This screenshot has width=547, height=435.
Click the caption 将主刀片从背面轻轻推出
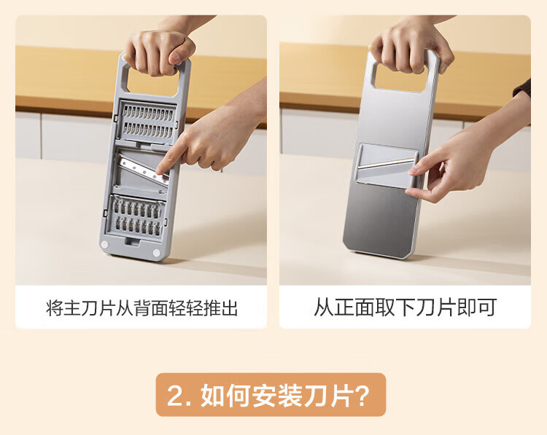point(141,307)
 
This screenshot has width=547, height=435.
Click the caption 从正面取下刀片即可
point(405,307)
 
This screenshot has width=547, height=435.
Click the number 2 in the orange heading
point(176,396)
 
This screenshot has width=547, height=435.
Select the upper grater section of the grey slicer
point(148,121)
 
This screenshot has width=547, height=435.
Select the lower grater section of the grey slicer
point(136,217)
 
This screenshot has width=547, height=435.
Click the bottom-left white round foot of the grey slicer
point(104,245)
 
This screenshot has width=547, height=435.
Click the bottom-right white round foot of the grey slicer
point(156,253)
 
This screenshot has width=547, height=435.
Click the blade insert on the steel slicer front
point(387,165)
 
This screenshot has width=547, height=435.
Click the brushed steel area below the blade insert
point(379,219)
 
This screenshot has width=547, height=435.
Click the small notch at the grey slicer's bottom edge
point(132,242)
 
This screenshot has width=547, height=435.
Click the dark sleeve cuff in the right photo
point(523,89)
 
